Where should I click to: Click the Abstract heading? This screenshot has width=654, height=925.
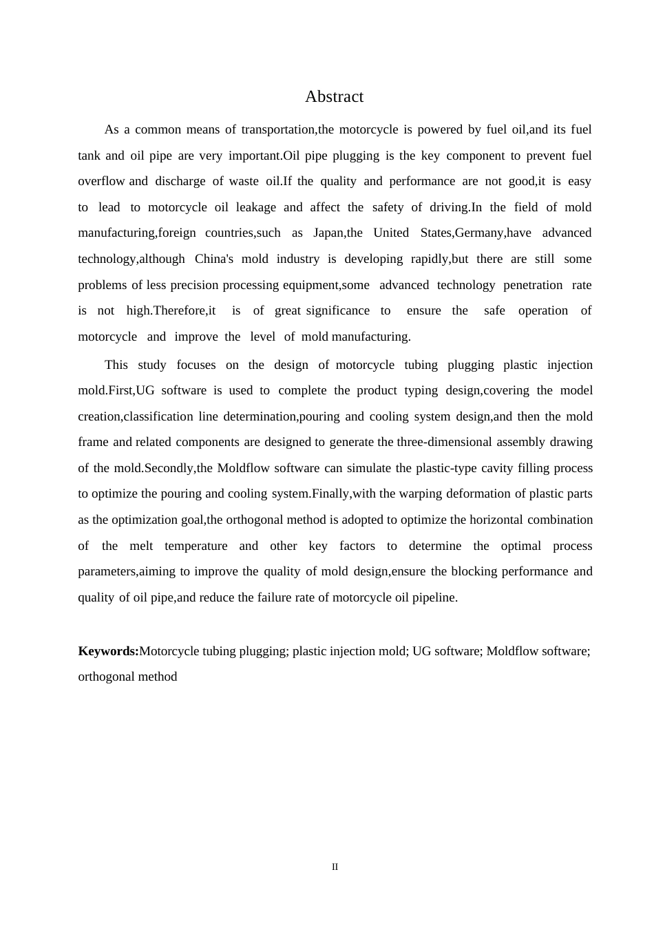click(334, 97)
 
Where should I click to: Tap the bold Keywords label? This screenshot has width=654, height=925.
click(108, 651)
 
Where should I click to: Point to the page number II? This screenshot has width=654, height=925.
click(335, 867)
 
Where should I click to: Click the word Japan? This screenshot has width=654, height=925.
click(328, 233)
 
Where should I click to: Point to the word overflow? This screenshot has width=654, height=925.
click(101, 181)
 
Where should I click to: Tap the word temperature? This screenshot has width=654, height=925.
click(196, 546)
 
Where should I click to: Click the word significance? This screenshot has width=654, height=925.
click(337, 310)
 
